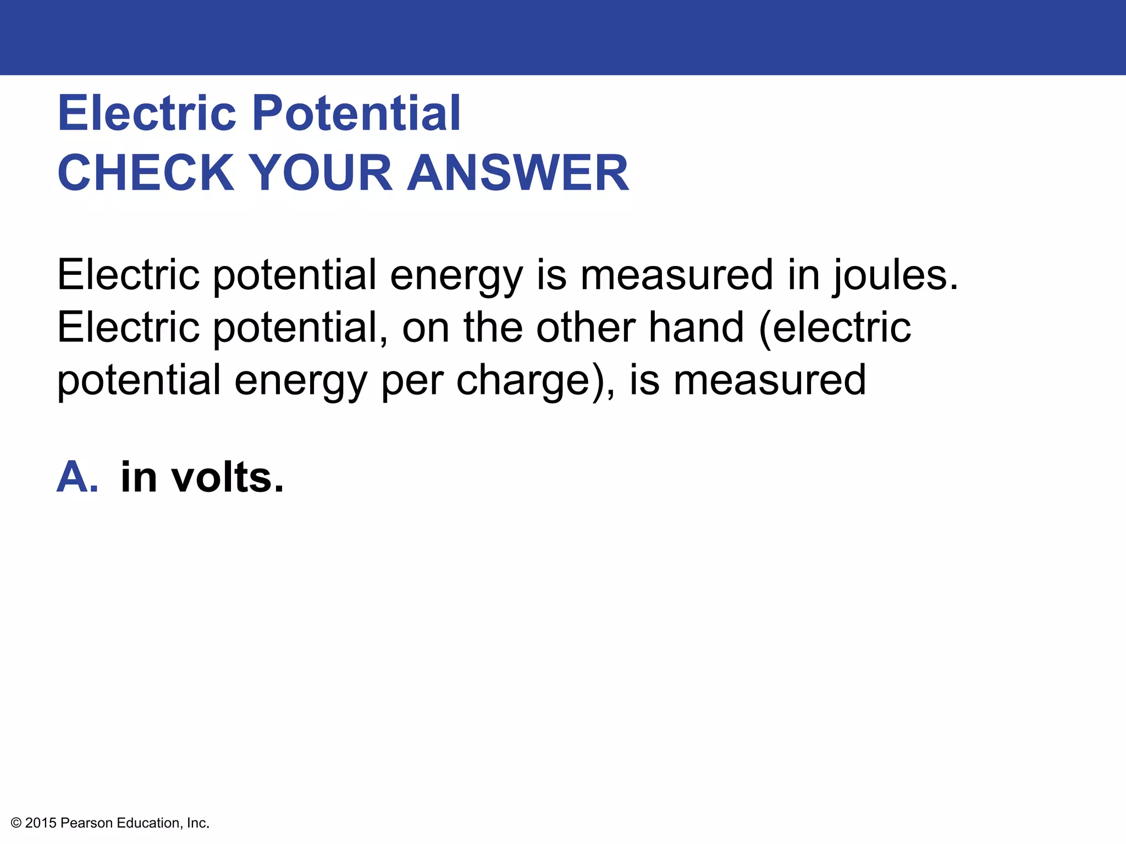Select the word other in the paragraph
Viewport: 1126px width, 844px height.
tap(585, 327)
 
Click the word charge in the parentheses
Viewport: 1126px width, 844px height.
tap(523, 380)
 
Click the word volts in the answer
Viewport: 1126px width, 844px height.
tap(225, 477)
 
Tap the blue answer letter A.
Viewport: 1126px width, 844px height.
tap(76, 477)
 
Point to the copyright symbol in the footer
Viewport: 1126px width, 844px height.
tap(16, 823)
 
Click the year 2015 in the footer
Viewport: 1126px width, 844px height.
tap(41, 823)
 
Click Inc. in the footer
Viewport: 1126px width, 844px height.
tap(198, 823)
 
